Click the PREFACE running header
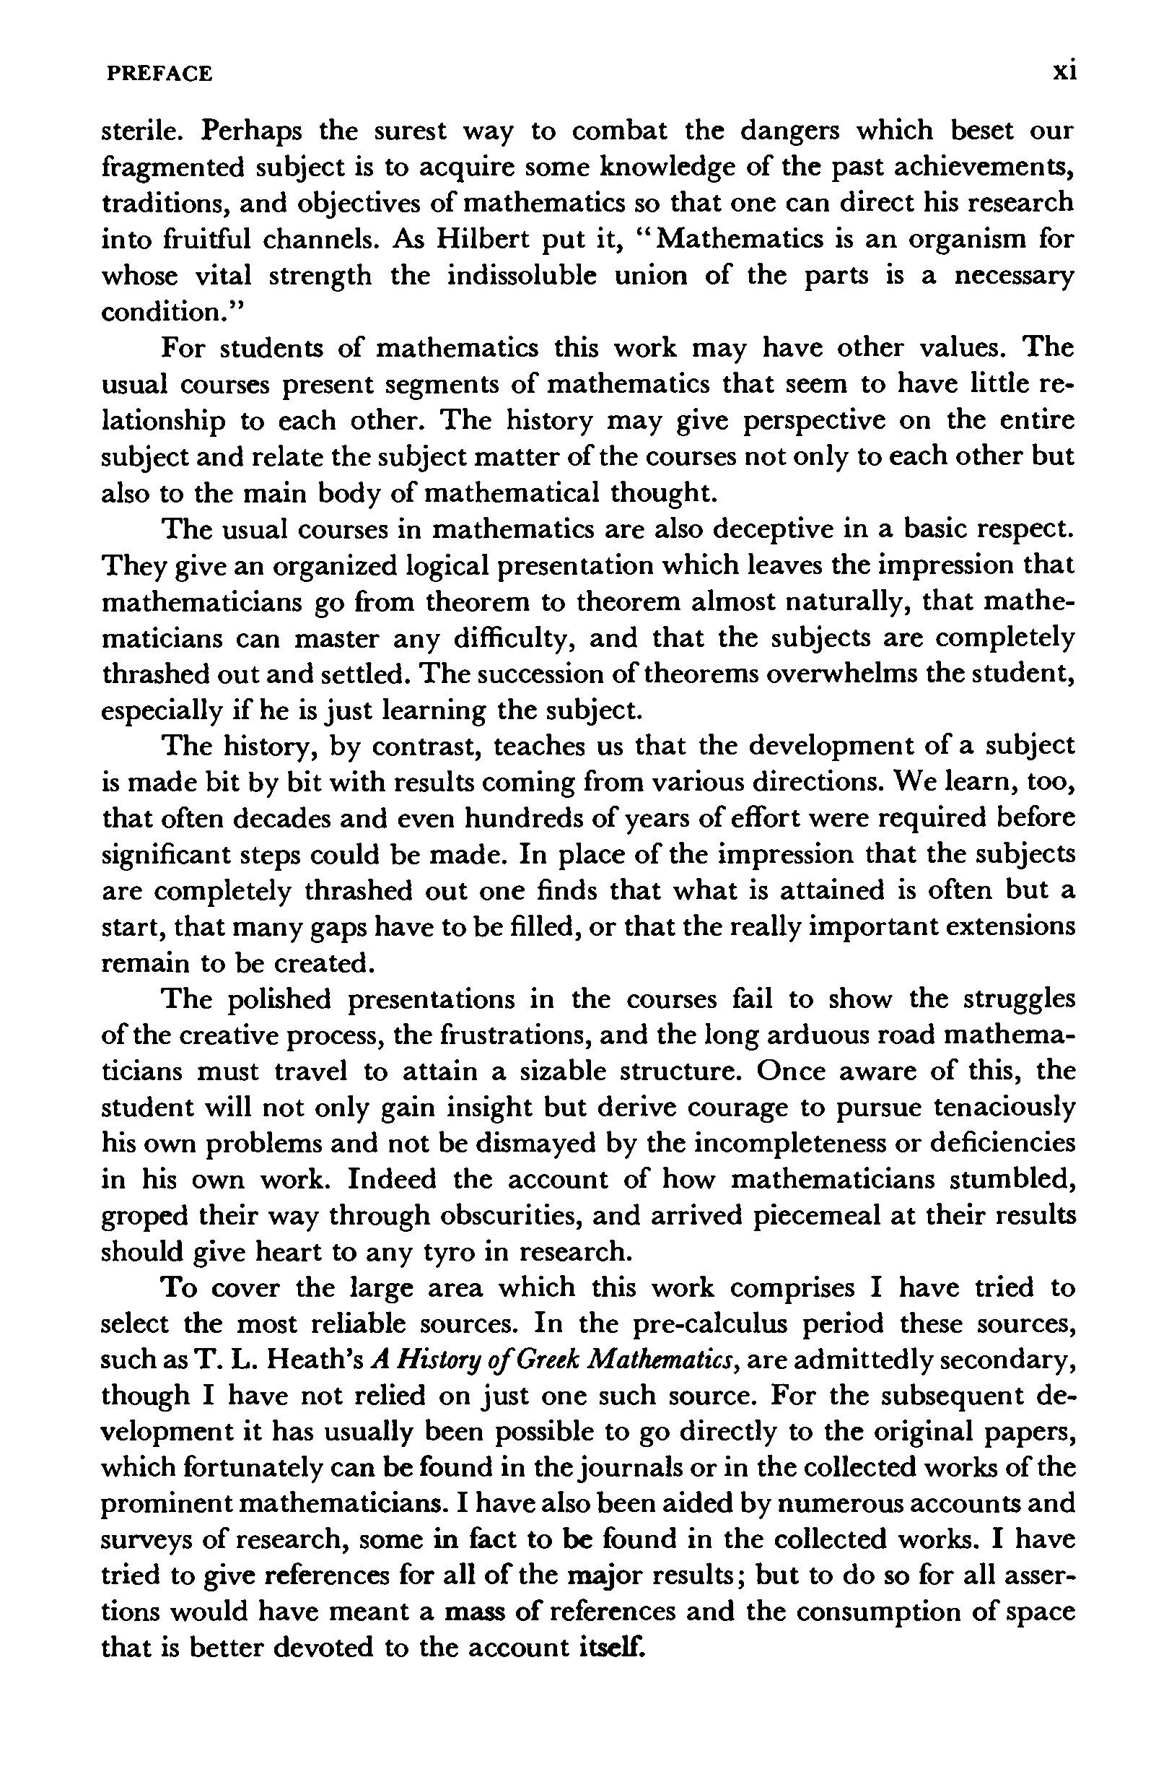(159, 74)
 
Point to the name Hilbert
(488, 240)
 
